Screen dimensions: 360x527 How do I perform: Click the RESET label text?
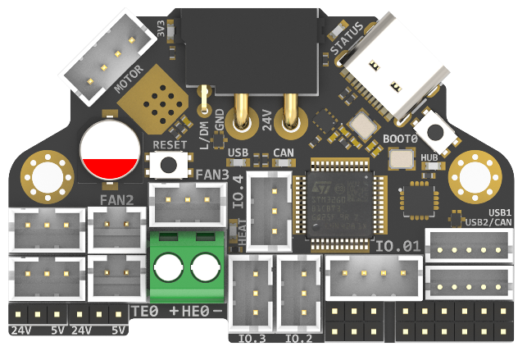(x=170, y=144)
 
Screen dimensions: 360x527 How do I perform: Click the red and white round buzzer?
(x=109, y=150)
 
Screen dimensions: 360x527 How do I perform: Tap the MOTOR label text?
(x=132, y=77)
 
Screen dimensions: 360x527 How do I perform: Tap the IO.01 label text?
(x=398, y=245)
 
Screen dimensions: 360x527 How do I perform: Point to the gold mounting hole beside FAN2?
(x=41, y=173)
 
